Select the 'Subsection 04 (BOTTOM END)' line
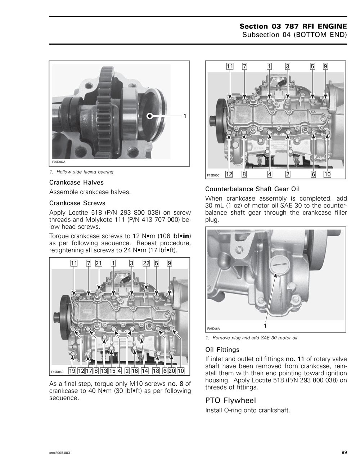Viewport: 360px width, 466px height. pos(294,35)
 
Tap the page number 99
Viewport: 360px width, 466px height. pos(344,453)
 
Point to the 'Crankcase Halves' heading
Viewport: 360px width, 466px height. pos(76,183)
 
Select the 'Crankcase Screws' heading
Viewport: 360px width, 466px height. pos(77,203)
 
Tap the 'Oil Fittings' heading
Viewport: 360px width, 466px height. pos(222,350)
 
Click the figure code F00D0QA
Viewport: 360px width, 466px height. pos(59,162)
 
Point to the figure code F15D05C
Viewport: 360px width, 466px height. pos(213,175)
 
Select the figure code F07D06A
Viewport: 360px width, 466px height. pos(213,328)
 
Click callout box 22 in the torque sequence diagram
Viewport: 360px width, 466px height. pos(146,263)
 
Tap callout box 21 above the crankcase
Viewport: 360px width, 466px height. pos(99,263)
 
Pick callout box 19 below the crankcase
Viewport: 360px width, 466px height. pos(72,371)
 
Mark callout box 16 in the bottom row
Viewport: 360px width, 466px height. pos(135,371)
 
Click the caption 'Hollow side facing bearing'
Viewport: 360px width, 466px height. pos(87,172)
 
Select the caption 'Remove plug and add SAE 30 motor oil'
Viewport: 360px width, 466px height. pos(255,338)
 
